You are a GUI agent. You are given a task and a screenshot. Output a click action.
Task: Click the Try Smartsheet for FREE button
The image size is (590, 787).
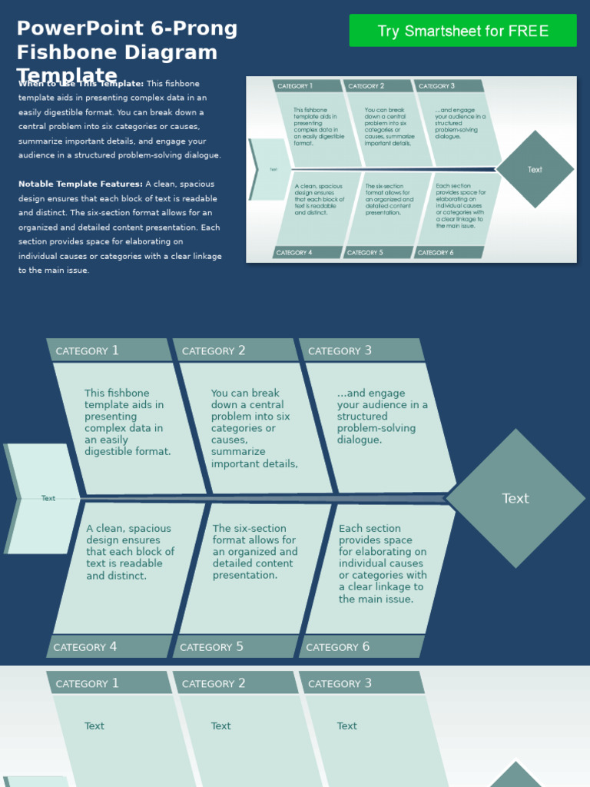pyautogui.click(x=462, y=31)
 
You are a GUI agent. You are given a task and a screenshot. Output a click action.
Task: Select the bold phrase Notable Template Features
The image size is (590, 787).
pyautogui.click(x=79, y=184)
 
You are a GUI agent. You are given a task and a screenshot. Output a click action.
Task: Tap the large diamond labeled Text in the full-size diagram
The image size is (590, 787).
pyautogui.click(x=515, y=499)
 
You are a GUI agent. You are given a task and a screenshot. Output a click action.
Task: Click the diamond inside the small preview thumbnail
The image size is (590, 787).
pyautogui.click(x=535, y=169)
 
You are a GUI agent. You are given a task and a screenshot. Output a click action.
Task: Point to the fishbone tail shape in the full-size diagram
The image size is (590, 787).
pyautogui.click(x=42, y=498)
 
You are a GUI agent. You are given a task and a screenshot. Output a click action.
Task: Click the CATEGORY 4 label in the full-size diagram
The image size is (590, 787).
pyautogui.click(x=85, y=647)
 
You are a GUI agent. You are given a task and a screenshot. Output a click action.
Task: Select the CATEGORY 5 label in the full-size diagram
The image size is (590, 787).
pyautogui.click(x=211, y=647)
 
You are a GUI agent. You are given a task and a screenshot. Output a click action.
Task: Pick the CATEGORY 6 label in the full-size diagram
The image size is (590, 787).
pyautogui.click(x=337, y=647)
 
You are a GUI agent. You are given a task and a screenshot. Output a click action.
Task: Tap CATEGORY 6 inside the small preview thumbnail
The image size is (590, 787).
pyautogui.click(x=435, y=252)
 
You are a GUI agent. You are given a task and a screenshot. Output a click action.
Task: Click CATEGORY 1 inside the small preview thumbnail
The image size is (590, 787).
pyautogui.click(x=294, y=86)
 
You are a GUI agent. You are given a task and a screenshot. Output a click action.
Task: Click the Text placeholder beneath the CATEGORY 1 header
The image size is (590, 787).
pyautogui.click(x=94, y=726)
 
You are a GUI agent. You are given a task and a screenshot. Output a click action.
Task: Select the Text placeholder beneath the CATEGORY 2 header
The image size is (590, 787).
pyautogui.click(x=220, y=726)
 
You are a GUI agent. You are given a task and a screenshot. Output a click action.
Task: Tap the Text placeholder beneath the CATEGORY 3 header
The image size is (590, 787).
pyautogui.click(x=346, y=726)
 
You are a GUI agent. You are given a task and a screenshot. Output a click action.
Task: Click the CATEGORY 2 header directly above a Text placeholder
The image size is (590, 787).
pyautogui.click(x=214, y=683)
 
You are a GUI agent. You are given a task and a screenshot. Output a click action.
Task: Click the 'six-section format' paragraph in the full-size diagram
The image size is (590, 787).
pyautogui.click(x=255, y=552)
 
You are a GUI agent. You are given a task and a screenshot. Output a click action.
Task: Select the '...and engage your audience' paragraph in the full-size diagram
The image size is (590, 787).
pyautogui.click(x=382, y=417)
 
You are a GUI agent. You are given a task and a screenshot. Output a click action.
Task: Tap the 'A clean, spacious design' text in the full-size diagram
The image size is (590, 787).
pyautogui.click(x=130, y=552)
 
